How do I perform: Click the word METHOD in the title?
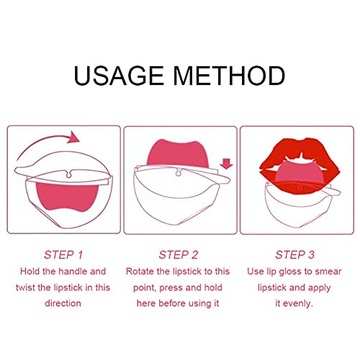(230, 76)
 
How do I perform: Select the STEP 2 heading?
(179, 255)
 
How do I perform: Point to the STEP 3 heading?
(295, 255)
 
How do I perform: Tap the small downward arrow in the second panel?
(228, 165)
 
